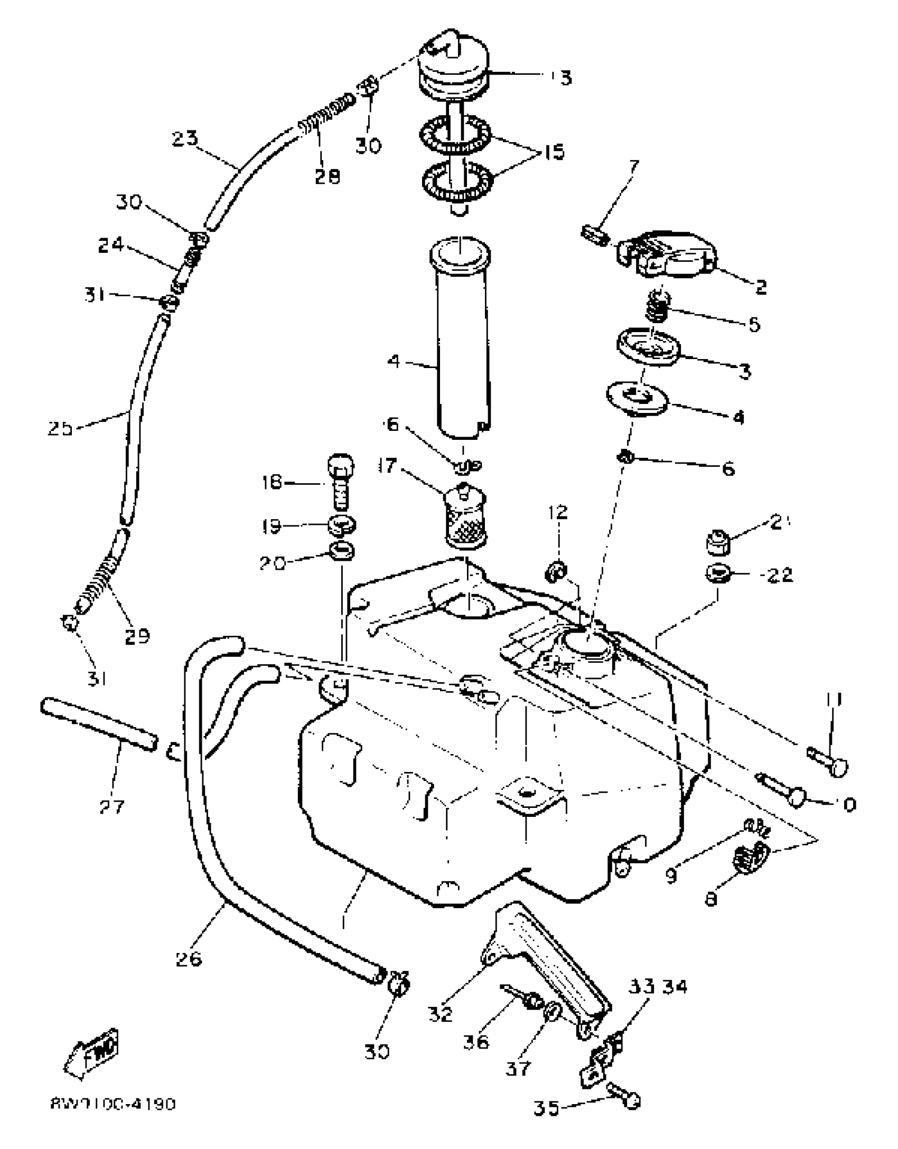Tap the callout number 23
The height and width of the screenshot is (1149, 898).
pos(184,139)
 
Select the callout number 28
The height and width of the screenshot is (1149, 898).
pos(327,176)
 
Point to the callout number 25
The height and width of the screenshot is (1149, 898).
pos(60,428)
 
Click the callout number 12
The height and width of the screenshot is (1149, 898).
pos(558,512)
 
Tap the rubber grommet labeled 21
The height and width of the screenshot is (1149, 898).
pos(717,544)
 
